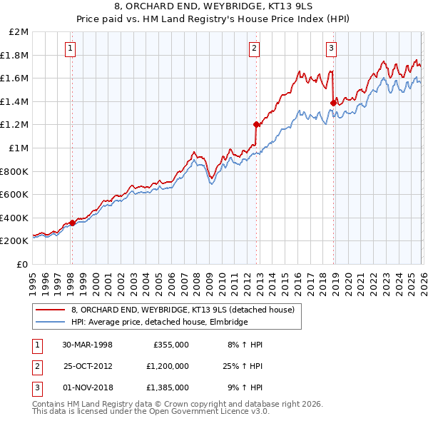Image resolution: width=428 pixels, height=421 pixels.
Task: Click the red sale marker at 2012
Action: (x=256, y=124)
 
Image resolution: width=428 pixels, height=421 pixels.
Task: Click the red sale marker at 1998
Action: (x=73, y=223)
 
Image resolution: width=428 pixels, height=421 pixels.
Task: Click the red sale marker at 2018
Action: (x=332, y=103)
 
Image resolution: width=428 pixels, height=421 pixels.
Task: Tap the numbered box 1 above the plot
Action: (x=71, y=49)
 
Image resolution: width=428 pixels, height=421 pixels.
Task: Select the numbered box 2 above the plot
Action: (x=255, y=49)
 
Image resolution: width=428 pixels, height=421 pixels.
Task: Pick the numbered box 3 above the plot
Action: (x=332, y=49)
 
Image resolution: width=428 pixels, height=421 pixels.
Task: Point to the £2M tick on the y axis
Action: (x=19, y=31)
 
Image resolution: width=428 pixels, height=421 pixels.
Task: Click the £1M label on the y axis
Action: (x=19, y=148)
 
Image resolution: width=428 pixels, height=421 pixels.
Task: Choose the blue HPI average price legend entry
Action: (x=158, y=322)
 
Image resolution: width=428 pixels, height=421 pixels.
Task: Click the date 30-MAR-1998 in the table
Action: (x=87, y=345)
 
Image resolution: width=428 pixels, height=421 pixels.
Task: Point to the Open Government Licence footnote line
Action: (x=151, y=412)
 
